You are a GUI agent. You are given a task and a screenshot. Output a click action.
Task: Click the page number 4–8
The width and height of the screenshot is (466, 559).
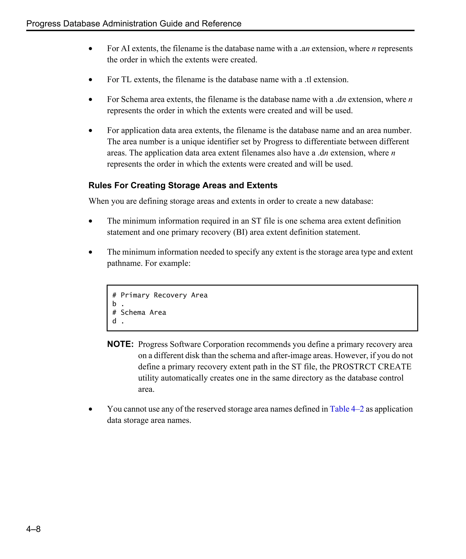tap(33, 529)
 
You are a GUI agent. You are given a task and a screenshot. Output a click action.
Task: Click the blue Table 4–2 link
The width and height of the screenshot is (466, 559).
tap(347, 409)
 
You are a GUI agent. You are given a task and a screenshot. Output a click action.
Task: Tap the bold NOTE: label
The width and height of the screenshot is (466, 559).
tap(120, 344)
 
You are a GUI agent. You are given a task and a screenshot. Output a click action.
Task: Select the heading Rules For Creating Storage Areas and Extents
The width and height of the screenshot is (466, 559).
tap(183, 185)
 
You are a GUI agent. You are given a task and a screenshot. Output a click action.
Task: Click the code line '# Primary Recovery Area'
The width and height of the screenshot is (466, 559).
tap(160, 295)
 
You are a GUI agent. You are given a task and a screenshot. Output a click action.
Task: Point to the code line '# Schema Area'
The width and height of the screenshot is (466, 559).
tap(139, 312)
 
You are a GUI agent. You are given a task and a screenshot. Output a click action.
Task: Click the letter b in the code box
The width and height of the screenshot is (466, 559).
tap(114, 304)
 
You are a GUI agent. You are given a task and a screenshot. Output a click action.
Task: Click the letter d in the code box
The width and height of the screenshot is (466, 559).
tap(114, 321)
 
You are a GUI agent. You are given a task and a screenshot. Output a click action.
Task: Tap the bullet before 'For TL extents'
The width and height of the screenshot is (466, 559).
tap(91, 80)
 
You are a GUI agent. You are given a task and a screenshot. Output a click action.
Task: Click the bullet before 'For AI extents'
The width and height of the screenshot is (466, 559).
tap(91, 49)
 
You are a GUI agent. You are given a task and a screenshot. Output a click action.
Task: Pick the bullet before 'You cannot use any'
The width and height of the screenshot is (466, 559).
tap(91, 409)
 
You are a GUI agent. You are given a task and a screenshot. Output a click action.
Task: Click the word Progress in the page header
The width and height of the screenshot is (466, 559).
tap(43, 24)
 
